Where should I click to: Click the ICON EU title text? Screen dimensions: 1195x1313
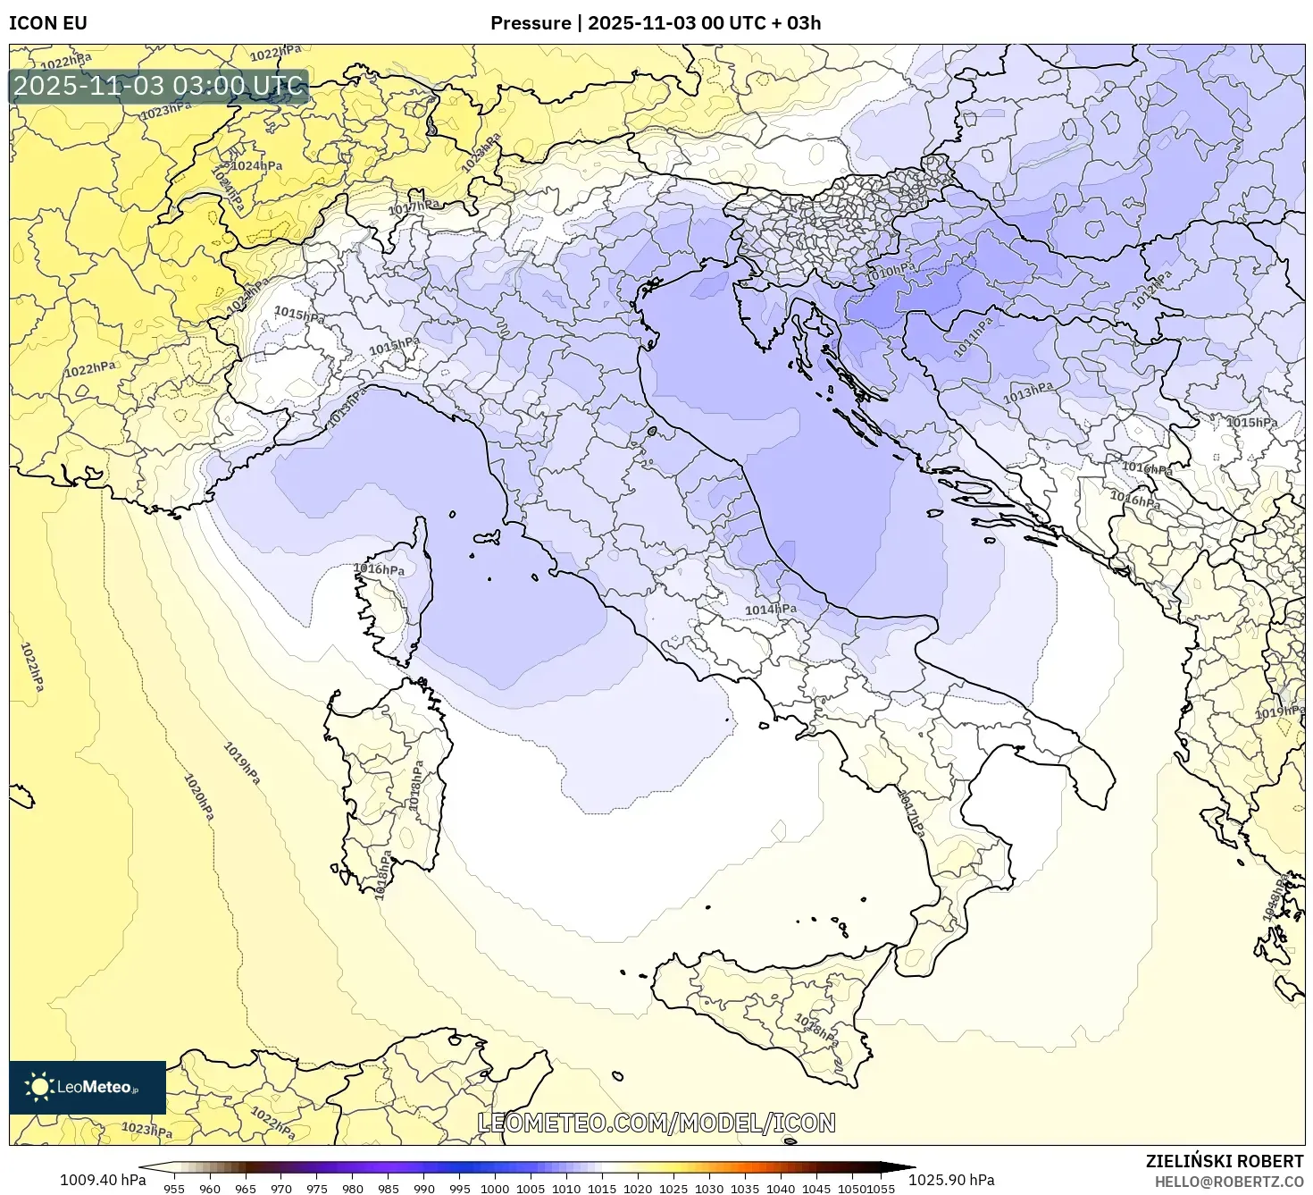[48, 22]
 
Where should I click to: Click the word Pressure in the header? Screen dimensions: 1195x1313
[531, 22]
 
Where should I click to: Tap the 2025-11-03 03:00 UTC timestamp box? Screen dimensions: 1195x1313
[159, 87]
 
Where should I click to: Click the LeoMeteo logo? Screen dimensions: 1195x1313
[88, 1087]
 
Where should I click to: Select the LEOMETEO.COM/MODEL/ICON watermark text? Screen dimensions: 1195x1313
[656, 1123]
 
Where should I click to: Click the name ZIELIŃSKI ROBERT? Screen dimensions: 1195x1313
[1225, 1161]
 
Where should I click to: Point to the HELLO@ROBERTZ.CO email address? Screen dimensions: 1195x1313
[1228, 1181]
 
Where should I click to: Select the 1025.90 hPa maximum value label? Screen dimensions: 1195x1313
[958, 1179]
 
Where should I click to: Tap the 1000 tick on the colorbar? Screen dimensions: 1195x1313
[495, 1188]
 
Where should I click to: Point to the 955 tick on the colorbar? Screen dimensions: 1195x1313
[174, 1188]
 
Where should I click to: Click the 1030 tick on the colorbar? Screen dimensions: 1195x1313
[709, 1188]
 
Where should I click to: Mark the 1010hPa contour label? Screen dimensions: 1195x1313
[891, 272]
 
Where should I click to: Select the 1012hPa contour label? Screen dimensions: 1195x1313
[1152, 289]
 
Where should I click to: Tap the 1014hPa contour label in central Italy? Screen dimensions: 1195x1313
[771, 610]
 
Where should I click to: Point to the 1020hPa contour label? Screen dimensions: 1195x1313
[199, 796]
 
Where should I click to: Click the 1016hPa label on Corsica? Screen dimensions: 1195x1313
[379, 568]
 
